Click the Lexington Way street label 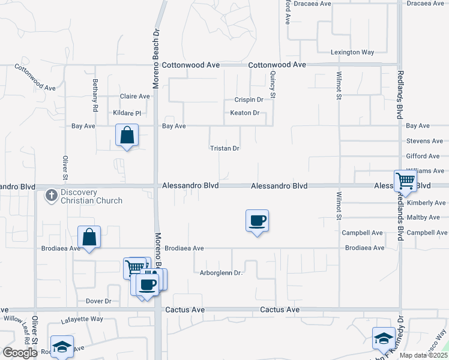pos(354,53)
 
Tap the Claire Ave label pos(134,96)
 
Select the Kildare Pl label pos(127,113)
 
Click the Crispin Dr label pos(249,100)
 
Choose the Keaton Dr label pos(245,113)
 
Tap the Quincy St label pos(273,85)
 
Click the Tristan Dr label pos(224,148)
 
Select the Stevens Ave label pos(424,141)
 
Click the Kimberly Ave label pos(426,203)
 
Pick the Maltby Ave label pos(427,217)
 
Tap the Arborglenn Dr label pos(221,273)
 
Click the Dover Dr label pos(99,301)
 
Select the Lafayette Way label pos(82,320)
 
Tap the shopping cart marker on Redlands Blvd pos(406,181)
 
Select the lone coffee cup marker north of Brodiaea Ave pos(257,221)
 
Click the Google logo pos(20,353)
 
